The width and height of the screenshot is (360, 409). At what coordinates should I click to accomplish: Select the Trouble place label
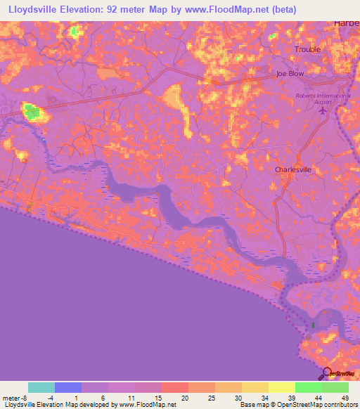(x=307, y=49)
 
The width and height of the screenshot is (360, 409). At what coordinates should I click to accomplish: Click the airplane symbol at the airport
(x=323, y=110)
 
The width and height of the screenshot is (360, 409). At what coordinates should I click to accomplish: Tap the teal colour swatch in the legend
(x=41, y=387)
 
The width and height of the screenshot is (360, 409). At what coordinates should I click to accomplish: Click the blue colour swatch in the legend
(x=68, y=387)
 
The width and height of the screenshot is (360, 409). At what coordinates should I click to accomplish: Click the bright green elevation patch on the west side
(x=32, y=110)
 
